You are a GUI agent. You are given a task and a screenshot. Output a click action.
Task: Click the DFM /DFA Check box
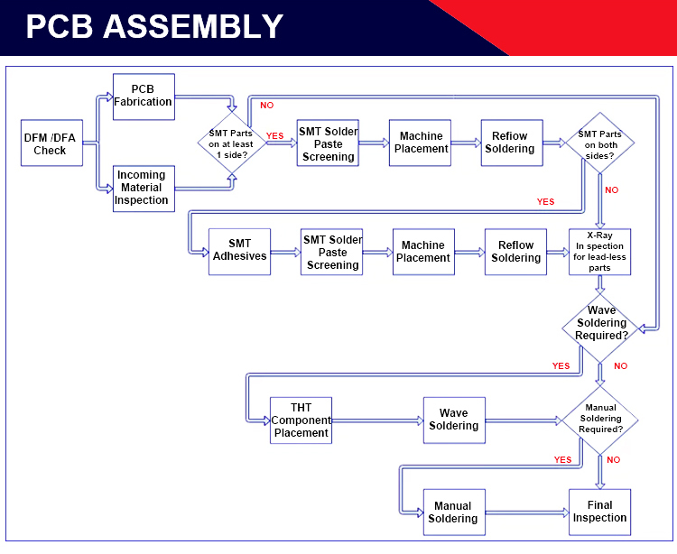click(x=51, y=143)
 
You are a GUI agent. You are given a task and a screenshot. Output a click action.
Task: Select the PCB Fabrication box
click(x=144, y=97)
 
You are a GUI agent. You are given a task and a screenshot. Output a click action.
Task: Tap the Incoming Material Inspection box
click(x=143, y=188)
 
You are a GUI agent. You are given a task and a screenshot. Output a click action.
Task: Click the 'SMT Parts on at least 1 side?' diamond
click(x=232, y=143)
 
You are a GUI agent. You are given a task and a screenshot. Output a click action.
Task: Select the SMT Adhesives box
click(x=239, y=250)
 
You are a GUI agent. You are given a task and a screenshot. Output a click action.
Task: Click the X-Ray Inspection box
click(x=599, y=251)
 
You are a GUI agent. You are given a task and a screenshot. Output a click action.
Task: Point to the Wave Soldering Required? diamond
click(x=601, y=324)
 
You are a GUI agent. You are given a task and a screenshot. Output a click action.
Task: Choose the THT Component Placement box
click(x=301, y=420)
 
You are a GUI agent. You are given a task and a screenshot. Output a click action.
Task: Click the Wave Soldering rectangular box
click(x=453, y=420)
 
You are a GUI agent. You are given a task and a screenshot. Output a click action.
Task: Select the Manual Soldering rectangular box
click(x=453, y=512)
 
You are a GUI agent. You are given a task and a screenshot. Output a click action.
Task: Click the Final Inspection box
click(x=599, y=512)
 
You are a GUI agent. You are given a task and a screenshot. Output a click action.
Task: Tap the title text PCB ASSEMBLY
click(x=154, y=27)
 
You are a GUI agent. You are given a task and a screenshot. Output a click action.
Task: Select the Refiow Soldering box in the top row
click(x=511, y=143)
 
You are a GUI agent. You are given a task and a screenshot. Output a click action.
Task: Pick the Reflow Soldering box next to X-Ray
click(x=515, y=251)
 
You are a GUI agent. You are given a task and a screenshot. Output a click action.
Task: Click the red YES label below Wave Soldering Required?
click(x=561, y=365)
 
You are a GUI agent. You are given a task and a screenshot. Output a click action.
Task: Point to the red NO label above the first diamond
click(x=267, y=106)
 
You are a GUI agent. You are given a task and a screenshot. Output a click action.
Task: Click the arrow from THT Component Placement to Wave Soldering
click(x=377, y=420)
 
